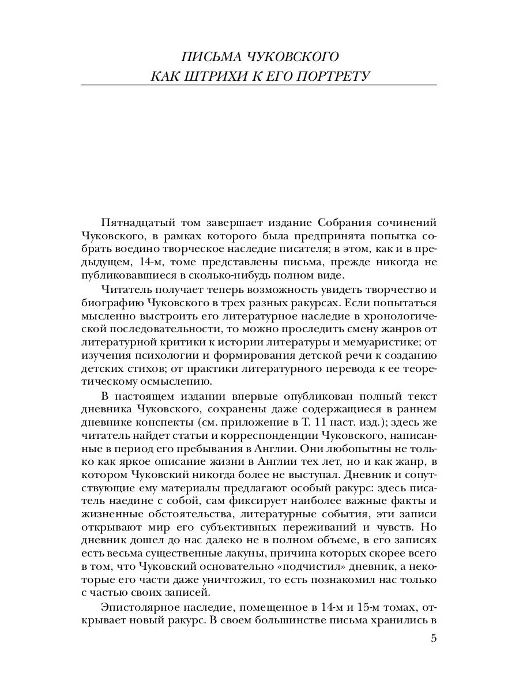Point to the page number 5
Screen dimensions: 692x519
[434, 638]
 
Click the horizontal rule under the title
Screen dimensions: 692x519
[259, 85]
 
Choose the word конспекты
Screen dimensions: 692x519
[174, 424]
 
